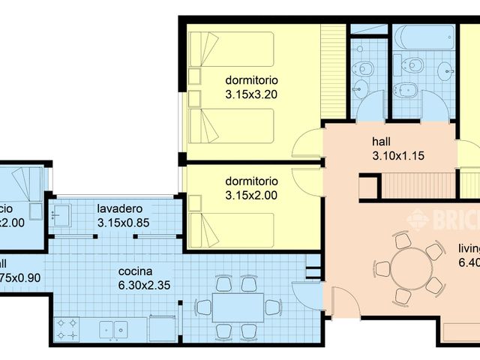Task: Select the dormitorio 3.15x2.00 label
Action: pos(250,188)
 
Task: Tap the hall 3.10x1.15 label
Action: pos(397,148)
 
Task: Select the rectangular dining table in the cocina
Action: pos(238,307)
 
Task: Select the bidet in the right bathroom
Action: pos(409,90)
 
